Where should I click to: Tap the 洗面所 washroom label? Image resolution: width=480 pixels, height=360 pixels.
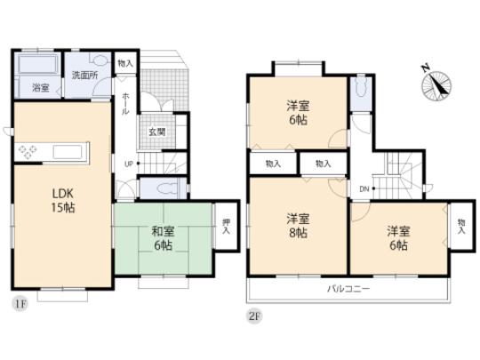pyautogui.click(x=84, y=76)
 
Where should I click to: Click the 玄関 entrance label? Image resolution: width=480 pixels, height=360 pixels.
pyautogui.click(x=156, y=132)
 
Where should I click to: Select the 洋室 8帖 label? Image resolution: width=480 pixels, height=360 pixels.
pyautogui.click(x=297, y=226)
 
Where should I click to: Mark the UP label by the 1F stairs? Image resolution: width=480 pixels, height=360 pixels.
pyautogui.click(x=129, y=164)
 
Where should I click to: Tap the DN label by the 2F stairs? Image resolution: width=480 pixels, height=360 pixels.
pyautogui.click(x=364, y=188)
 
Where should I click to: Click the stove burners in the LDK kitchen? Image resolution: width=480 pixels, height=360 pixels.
pyautogui.click(x=27, y=152)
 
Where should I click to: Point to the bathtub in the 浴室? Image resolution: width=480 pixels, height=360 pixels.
pyautogui.click(x=37, y=67)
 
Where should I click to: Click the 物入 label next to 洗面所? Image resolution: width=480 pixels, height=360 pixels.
pyautogui.click(x=124, y=64)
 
